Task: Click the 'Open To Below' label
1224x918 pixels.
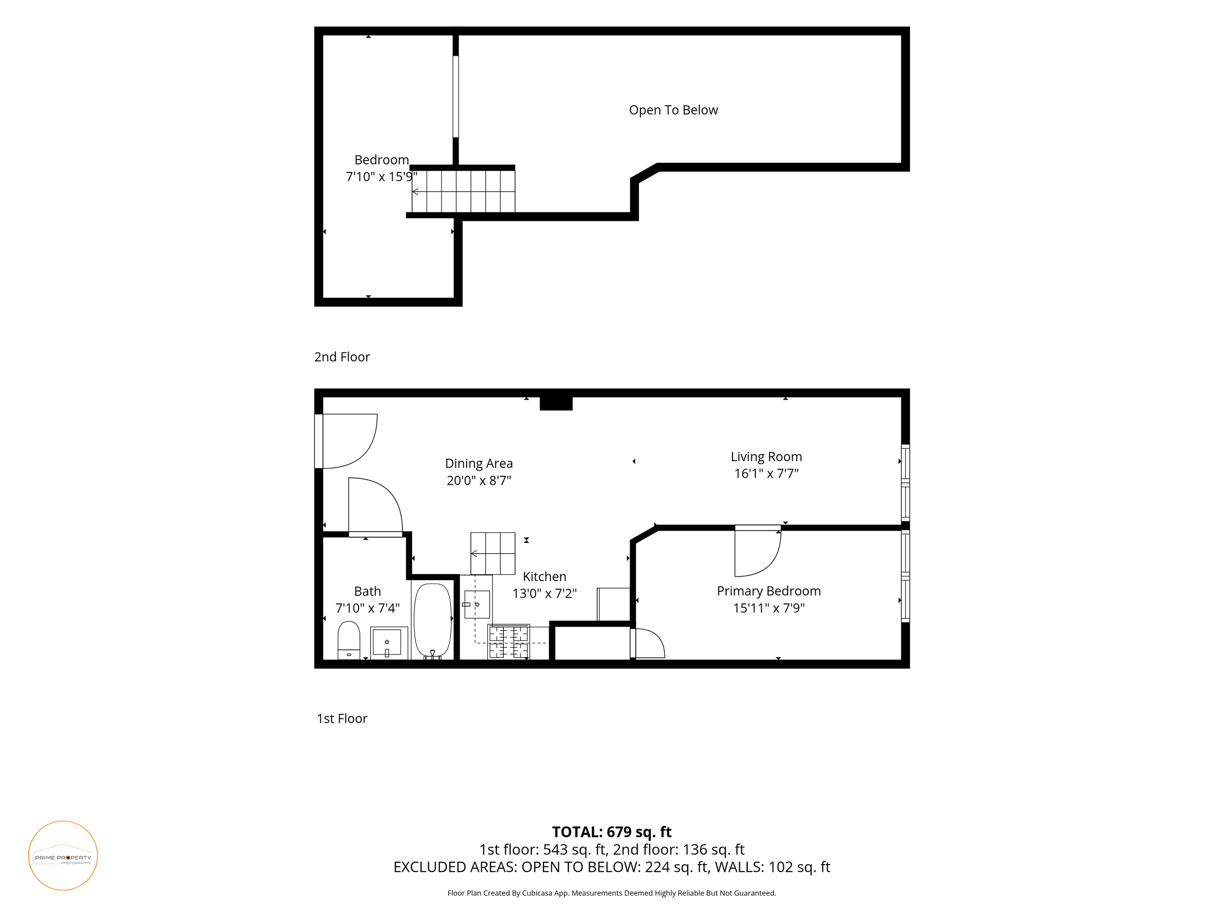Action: tap(673, 110)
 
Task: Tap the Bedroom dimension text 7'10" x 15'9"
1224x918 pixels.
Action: tap(381, 177)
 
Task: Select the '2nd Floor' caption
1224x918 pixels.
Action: tap(342, 357)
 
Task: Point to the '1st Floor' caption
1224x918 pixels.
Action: tap(342, 718)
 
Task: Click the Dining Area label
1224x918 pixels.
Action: tap(479, 464)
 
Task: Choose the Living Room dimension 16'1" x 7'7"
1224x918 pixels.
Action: tap(766, 473)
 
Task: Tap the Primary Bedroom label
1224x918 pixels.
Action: tap(769, 591)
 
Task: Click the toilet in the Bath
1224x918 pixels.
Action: tap(349, 640)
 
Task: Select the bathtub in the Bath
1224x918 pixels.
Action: tap(432, 620)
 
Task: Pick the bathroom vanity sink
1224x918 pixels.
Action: tap(388, 642)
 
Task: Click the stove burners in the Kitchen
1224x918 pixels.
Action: tap(509, 641)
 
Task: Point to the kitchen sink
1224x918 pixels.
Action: tap(476, 604)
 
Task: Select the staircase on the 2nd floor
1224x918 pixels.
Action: tap(463, 191)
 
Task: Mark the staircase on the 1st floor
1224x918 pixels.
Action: tap(493, 553)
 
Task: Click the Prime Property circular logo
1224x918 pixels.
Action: tap(63, 855)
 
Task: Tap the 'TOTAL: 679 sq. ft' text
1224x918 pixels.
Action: tap(612, 832)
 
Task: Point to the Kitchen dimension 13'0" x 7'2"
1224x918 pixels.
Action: tap(544, 593)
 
